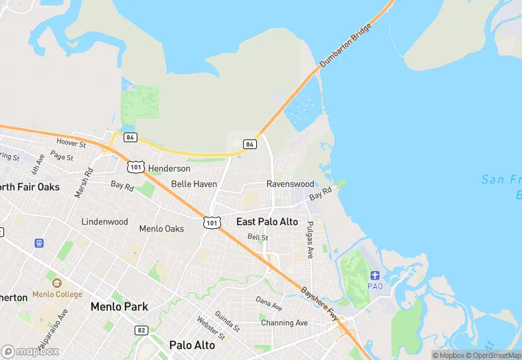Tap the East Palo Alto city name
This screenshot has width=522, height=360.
[267, 222]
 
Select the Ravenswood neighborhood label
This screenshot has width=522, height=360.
[290, 184]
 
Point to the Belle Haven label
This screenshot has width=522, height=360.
[194, 184]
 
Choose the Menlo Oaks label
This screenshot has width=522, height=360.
[161, 229]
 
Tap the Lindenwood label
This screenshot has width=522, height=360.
[104, 222]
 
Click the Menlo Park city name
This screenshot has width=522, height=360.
[119, 306]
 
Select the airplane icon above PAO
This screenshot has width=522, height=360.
[375, 275]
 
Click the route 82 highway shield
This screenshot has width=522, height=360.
[141, 330]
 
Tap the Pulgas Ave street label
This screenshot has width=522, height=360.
[310, 240]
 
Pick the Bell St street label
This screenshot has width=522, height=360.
[258, 237]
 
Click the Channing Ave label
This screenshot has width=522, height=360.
[284, 323]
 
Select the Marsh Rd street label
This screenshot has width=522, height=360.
[84, 184]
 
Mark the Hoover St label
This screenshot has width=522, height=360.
[71, 144]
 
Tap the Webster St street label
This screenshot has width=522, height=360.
[211, 328]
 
